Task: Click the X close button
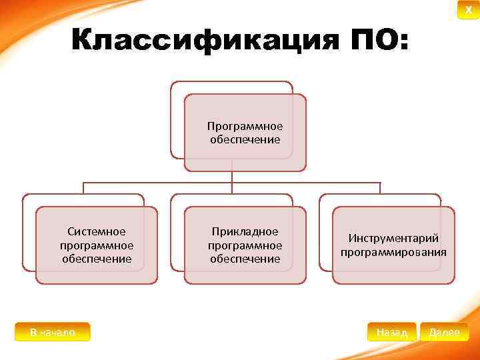click(x=468, y=10)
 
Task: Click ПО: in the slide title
click(x=378, y=41)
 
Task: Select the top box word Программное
click(x=245, y=126)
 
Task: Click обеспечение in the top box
click(x=245, y=139)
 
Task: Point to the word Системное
click(x=96, y=231)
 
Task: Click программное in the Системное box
click(x=96, y=245)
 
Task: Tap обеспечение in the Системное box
click(x=96, y=259)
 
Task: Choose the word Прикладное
click(x=245, y=231)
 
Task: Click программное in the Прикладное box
click(x=245, y=245)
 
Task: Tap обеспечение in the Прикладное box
click(x=245, y=259)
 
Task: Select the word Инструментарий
click(x=393, y=239)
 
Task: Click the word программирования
click(x=393, y=252)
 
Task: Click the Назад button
click(x=392, y=332)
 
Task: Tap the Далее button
click(x=444, y=332)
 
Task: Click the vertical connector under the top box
click(x=232, y=177)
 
